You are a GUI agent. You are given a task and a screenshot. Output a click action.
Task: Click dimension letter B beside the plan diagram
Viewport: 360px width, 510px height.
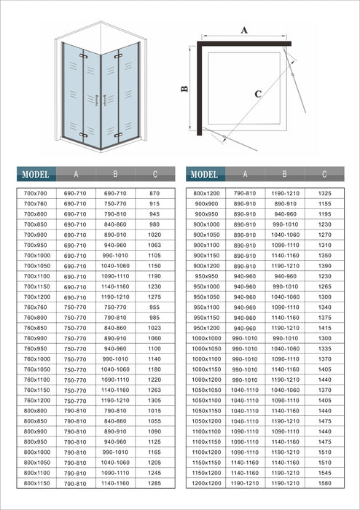point(185,89)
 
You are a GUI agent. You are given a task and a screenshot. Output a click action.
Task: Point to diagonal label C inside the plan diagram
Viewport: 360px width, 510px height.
point(258,94)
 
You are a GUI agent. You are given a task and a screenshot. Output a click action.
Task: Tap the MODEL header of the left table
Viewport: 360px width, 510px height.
point(36,175)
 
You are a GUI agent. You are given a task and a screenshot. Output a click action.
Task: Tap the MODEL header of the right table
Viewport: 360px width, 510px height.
point(206,175)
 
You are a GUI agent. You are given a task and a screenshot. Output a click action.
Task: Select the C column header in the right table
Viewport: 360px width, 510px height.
point(324,175)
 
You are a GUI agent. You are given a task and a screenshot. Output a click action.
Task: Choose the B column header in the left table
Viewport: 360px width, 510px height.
point(115,175)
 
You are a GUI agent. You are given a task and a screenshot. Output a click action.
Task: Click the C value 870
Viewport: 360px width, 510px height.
point(154,193)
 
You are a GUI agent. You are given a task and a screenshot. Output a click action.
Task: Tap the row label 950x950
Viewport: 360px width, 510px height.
point(206,276)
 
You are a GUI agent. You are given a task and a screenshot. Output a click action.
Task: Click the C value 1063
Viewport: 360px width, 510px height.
point(154,246)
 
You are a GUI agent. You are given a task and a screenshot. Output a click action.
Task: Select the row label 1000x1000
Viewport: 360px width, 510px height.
point(206,338)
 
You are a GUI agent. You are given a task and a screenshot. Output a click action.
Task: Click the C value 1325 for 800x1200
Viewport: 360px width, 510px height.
point(324,193)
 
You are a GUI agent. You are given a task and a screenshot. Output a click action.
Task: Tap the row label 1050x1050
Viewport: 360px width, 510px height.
point(206,390)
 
